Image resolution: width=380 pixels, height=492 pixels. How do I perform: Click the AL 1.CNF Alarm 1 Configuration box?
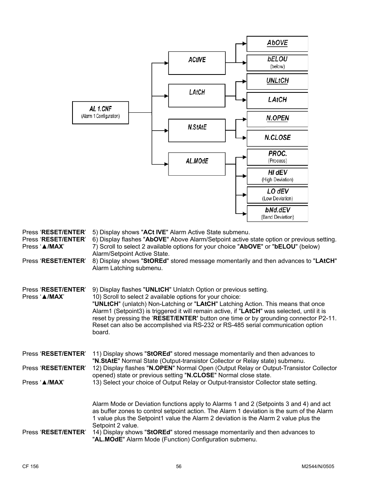click(100, 113)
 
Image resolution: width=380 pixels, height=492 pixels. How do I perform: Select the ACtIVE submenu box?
click(197, 63)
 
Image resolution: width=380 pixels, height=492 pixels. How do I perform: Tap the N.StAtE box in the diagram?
click(197, 130)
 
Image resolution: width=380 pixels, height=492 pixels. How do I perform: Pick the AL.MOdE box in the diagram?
click(197, 164)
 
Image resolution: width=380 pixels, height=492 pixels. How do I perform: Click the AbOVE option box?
click(277, 43)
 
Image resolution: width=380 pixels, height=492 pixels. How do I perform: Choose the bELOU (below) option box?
click(277, 63)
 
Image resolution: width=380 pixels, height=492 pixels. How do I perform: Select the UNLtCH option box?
click(277, 81)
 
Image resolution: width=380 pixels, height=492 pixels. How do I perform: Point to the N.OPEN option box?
click(277, 119)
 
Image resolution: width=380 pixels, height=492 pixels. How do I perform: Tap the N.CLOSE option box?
click(277, 138)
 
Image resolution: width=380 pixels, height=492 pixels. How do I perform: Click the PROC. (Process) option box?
click(277, 157)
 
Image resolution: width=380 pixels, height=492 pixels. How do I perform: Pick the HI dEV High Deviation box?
click(277, 176)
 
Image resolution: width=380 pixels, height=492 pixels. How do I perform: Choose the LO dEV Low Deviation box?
click(277, 195)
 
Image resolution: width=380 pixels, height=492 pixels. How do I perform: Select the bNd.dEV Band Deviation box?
click(277, 213)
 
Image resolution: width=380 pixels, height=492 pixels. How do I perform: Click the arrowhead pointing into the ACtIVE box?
click(166, 63)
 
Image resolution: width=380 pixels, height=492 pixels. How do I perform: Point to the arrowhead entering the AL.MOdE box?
click(166, 163)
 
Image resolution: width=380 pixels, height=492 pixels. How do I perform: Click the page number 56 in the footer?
click(179, 467)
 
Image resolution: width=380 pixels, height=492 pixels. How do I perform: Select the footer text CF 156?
click(30, 467)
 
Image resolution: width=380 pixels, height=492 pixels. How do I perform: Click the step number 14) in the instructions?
click(97, 432)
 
